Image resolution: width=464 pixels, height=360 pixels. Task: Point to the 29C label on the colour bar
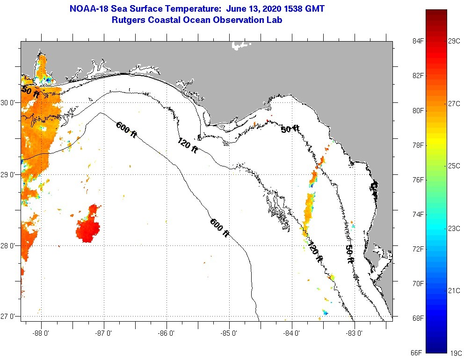click(x=454, y=41)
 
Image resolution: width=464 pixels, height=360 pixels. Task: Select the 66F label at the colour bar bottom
click(x=415, y=353)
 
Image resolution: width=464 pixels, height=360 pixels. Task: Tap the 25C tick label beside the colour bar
click(x=454, y=166)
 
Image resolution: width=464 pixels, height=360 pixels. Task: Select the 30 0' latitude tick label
click(x=8, y=102)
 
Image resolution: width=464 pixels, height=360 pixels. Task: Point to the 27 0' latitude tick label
click(x=8, y=317)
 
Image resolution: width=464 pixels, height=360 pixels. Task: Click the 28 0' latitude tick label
click(x=8, y=245)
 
